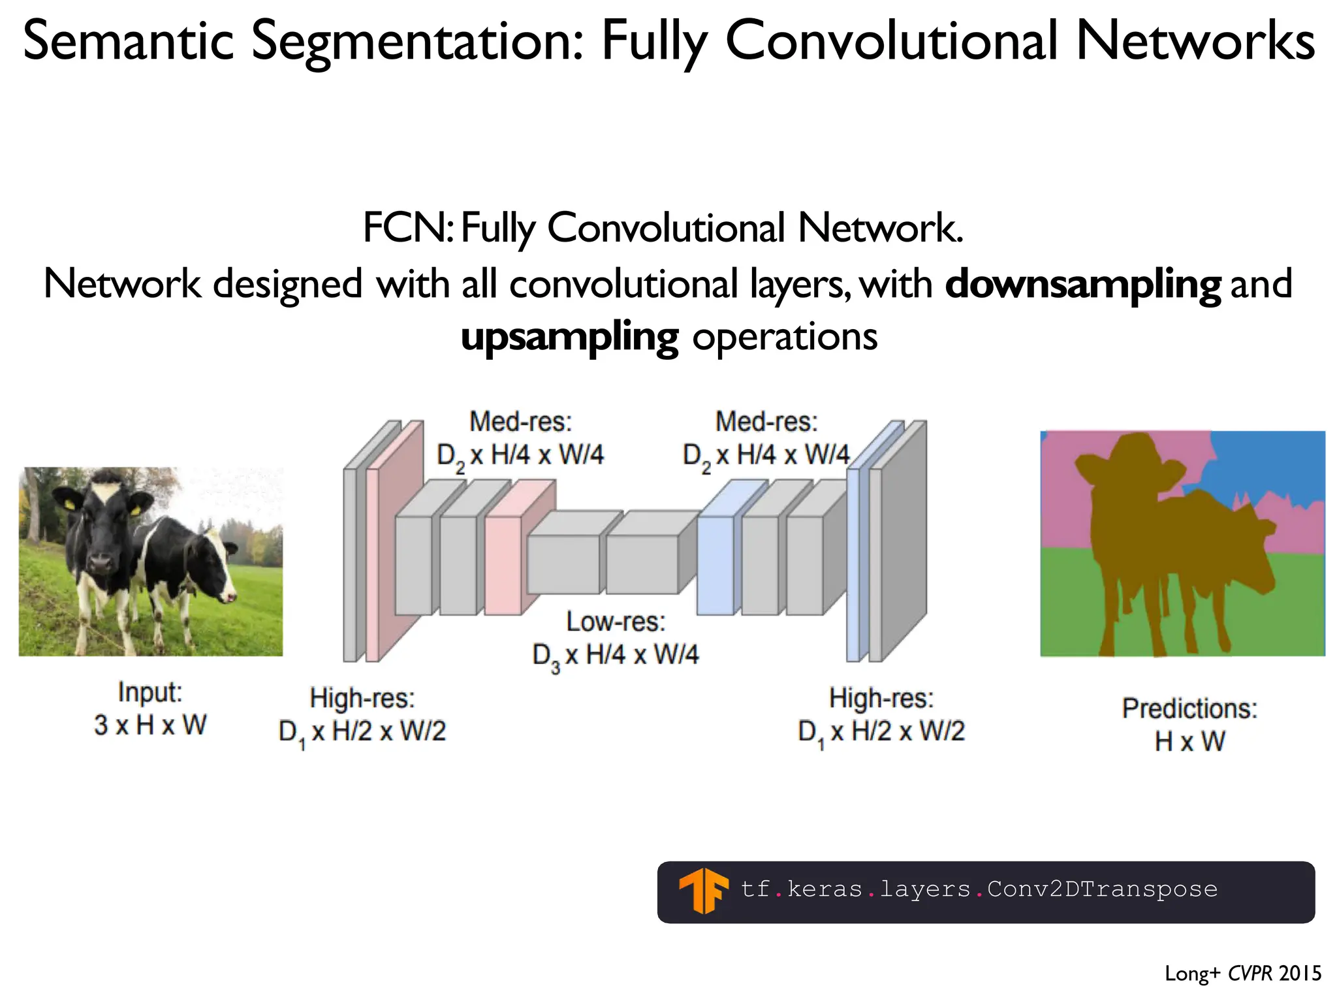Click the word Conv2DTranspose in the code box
point(1102,889)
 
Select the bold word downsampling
point(1082,285)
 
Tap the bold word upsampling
point(569,338)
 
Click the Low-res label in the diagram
point(616,622)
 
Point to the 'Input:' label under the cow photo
point(150,692)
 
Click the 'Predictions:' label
point(1189,708)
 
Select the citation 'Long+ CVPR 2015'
point(1242,974)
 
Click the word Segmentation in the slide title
point(418,40)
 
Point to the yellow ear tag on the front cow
point(70,505)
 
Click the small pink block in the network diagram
point(503,565)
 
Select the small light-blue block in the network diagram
point(716,565)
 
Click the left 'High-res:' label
point(362,698)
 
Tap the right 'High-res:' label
point(881,698)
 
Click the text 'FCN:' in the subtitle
point(407,229)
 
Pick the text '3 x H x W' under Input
point(150,725)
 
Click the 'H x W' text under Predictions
point(1189,741)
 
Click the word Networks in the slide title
point(1195,40)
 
